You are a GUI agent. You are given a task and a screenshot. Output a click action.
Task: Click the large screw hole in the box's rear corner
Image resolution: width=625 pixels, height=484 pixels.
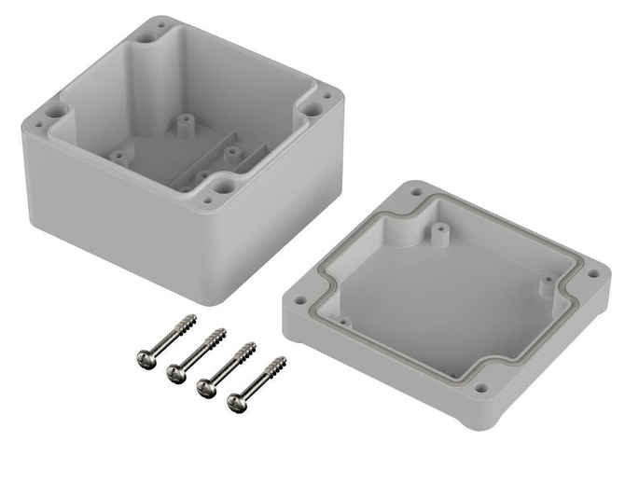pos(150,36)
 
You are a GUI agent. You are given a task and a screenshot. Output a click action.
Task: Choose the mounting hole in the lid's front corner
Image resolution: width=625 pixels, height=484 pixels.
pos(481,385)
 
